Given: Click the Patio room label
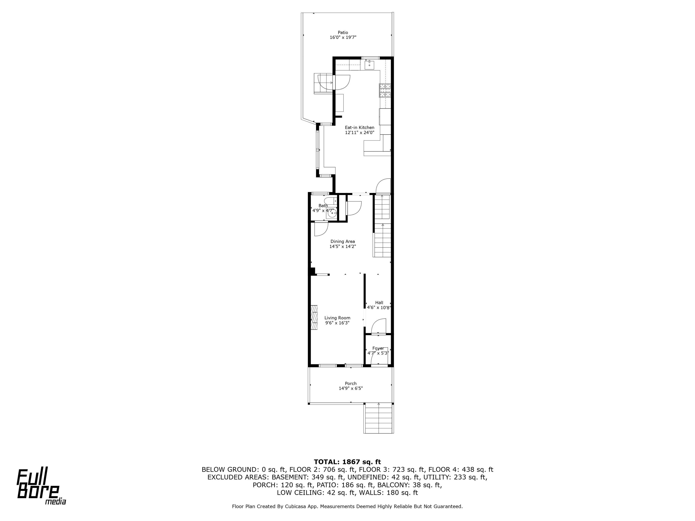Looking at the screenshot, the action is [x=343, y=32].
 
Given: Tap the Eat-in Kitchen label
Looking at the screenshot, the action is [x=360, y=128].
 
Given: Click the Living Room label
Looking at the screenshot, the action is [x=338, y=318].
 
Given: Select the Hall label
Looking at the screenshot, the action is [x=379, y=303].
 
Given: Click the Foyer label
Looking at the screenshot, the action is [x=378, y=348].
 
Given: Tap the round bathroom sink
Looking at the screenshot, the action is [x=331, y=214].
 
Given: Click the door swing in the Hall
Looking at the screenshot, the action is [x=378, y=326].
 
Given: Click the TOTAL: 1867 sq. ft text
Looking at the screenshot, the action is [x=347, y=462].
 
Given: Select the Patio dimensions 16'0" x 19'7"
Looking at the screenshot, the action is [x=343, y=37].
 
